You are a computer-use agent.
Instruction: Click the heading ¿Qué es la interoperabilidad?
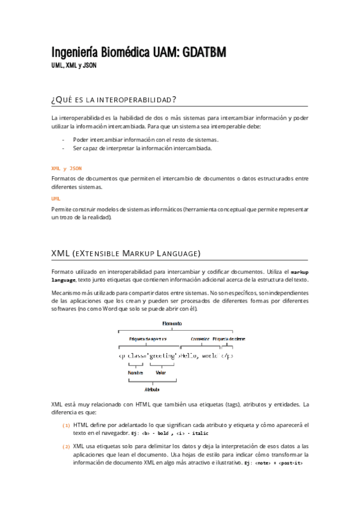pyautogui.click(x=114, y=99)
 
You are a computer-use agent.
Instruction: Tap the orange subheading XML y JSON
pyautogui.click(x=66, y=169)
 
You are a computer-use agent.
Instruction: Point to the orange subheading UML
pyautogui.click(x=56, y=198)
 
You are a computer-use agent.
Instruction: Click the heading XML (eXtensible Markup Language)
pyautogui.click(x=126, y=253)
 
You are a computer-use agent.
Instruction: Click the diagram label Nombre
pyautogui.click(x=135, y=373)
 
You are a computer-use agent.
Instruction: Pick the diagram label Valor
pyautogui.click(x=160, y=373)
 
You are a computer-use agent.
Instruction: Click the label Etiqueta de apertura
pyautogui.click(x=148, y=339)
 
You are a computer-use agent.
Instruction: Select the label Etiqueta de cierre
pyautogui.click(x=228, y=339)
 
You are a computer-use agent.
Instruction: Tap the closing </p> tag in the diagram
pyautogui.click(x=227, y=355)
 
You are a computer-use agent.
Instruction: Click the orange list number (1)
pyautogui.click(x=66, y=425)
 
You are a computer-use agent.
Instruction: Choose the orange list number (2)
pyautogui.click(x=66, y=446)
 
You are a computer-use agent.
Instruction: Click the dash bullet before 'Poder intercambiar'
pyautogui.click(x=63, y=140)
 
